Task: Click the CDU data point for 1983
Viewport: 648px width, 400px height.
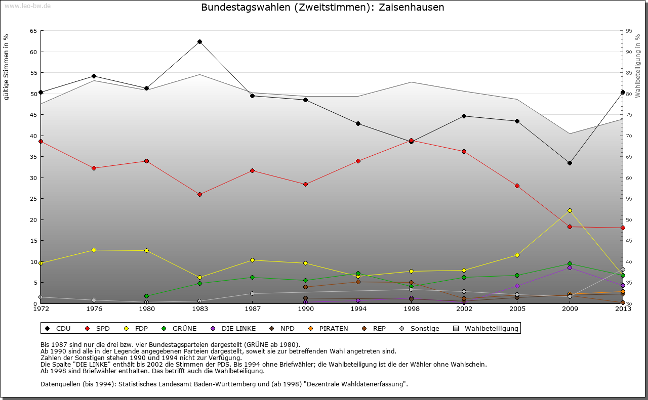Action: tap(199, 41)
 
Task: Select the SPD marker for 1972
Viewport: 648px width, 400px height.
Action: tap(40, 141)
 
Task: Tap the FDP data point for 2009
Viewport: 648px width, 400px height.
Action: tap(570, 210)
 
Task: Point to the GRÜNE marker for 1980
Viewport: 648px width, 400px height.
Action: tap(146, 296)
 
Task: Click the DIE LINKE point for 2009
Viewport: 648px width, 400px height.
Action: tap(570, 268)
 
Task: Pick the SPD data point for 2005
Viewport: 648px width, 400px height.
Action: tap(517, 186)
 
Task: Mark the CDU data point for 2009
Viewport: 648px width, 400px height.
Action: tap(570, 163)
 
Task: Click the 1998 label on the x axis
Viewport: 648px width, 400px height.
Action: tap(411, 308)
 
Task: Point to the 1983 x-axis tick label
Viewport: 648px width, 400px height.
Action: tap(199, 308)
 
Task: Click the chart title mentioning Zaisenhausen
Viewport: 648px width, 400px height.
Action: tap(322, 7)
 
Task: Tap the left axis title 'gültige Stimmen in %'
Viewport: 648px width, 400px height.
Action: tap(7, 67)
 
